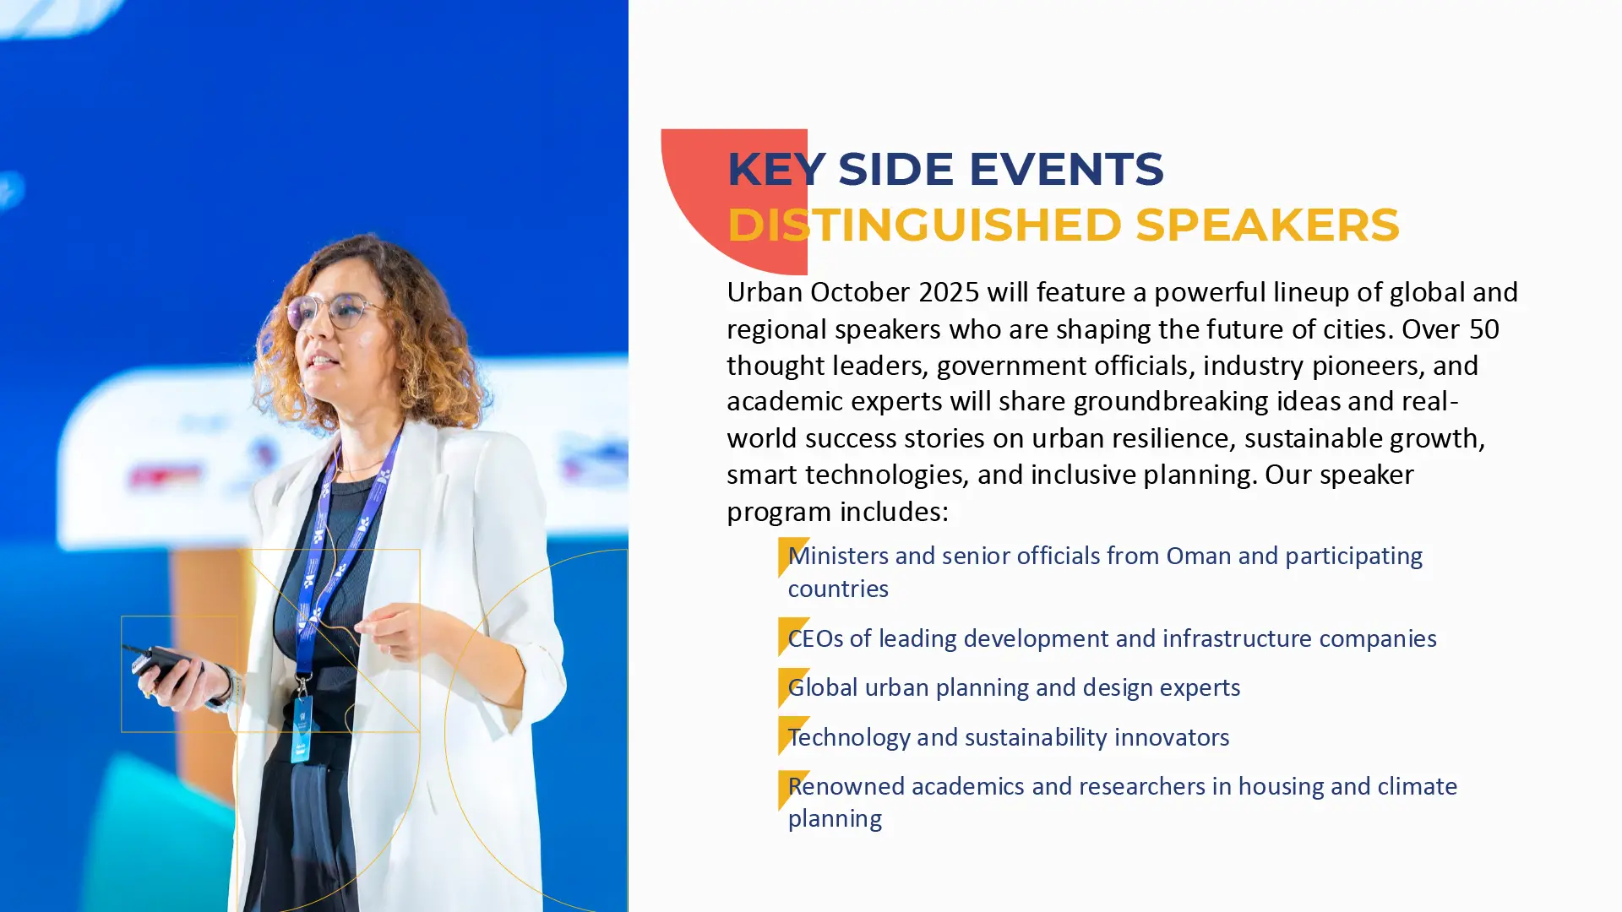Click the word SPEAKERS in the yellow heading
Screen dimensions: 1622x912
pyautogui.click(x=1267, y=225)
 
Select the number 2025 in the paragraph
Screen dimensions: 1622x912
pyautogui.click(x=949, y=292)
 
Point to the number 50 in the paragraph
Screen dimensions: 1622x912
pyautogui.click(x=1484, y=328)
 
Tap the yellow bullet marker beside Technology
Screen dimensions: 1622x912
pyautogui.click(x=792, y=735)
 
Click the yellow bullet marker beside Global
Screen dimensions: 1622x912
pyautogui.click(x=792, y=687)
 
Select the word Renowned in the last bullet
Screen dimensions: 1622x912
pyautogui.click(x=846, y=786)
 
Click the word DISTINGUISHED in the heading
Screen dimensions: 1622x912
pyautogui.click(x=924, y=225)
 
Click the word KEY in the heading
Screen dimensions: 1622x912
pyautogui.click(x=776, y=169)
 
